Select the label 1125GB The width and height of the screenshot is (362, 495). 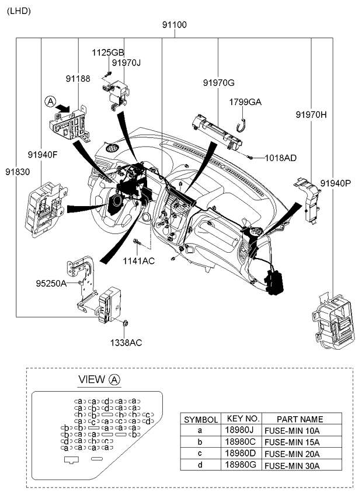pos(108,53)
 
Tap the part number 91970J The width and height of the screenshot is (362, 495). pos(127,63)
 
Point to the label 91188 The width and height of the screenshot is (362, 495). pos(78,78)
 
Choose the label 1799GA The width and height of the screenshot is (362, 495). pos(245,102)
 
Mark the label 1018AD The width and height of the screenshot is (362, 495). pos(280,158)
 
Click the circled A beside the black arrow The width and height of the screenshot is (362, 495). pos(50,102)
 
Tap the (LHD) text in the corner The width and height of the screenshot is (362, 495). pos(18,11)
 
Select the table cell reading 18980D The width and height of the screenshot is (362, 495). pos(241,453)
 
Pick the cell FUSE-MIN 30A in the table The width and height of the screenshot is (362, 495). pos(293,465)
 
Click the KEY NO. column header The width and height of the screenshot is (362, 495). pos(241,419)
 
